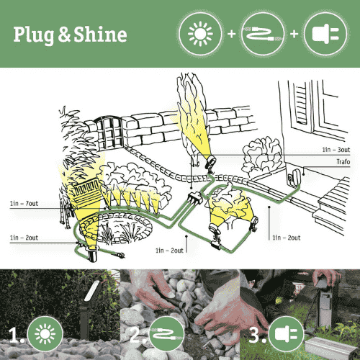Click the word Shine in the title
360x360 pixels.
click(x=100, y=34)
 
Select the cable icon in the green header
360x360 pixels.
click(x=261, y=34)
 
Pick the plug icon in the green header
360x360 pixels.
click(x=323, y=34)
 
